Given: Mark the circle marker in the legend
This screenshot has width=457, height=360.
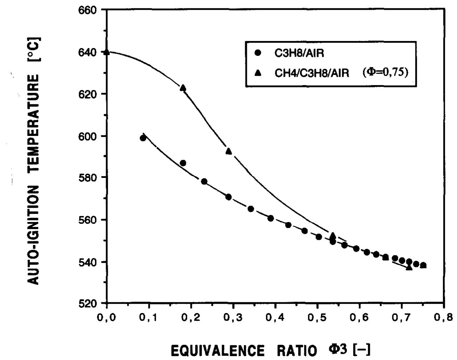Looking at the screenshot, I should [258, 53].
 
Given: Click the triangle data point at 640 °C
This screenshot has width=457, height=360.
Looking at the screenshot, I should [107, 52].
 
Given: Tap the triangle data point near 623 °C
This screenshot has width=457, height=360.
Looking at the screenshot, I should [183, 88].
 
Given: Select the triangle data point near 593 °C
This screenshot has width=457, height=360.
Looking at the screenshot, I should [229, 151].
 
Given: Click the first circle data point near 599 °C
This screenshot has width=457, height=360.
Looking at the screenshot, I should [143, 138].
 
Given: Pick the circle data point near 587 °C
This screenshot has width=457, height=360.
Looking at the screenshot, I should [183, 163].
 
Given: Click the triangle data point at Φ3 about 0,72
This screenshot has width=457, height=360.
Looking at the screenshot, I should [409, 268].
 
